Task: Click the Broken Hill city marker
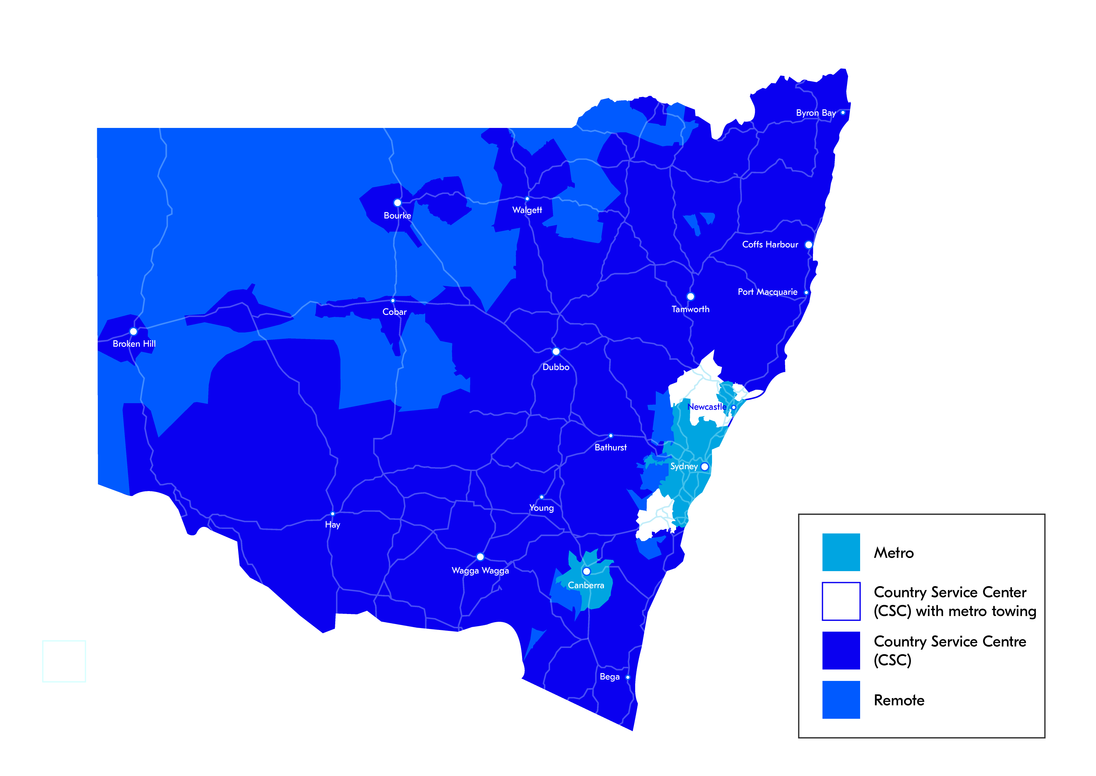(134, 332)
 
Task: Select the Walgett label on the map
(527, 210)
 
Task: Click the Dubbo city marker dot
(556, 352)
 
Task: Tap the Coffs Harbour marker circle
(809, 245)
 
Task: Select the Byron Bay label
(816, 113)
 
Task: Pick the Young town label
(541, 508)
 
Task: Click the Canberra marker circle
(587, 571)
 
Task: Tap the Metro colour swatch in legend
(841, 552)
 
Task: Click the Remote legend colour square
(841, 700)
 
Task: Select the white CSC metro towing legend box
(841, 601)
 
